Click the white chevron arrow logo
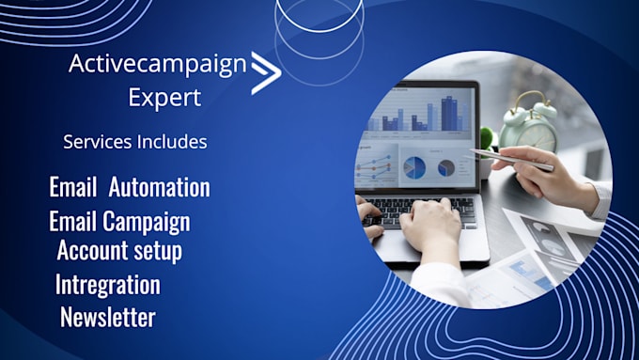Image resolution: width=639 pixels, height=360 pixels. point(266,73)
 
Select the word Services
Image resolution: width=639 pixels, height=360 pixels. point(94,143)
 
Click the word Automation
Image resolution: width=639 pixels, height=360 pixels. point(159,186)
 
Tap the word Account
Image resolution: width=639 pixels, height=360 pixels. point(92,251)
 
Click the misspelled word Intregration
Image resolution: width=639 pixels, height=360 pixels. point(107,285)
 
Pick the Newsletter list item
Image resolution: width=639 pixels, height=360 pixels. point(107,317)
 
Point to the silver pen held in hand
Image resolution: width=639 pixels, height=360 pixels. point(511,160)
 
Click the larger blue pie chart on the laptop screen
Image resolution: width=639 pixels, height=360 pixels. point(414,167)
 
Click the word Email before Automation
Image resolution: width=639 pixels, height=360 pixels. point(73,186)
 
